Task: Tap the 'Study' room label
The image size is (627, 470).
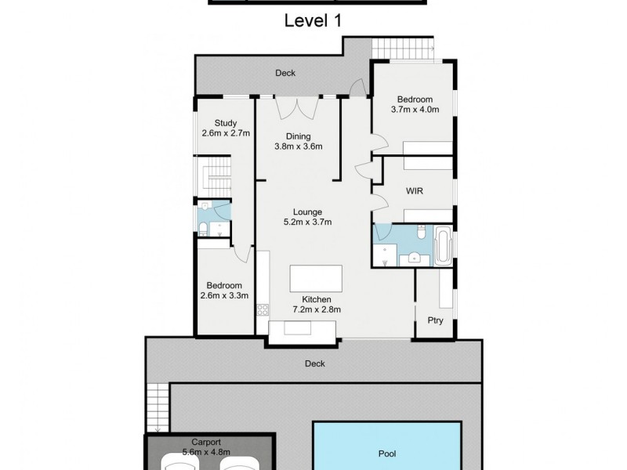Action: (x=226, y=122)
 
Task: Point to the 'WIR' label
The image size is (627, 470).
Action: (x=415, y=190)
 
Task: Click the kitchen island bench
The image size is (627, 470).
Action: (x=317, y=279)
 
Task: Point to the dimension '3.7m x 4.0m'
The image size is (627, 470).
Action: (x=415, y=110)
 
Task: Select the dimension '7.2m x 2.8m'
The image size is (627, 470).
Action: (x=317, y=309)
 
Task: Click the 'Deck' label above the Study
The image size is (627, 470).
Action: (x=285, y=73)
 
